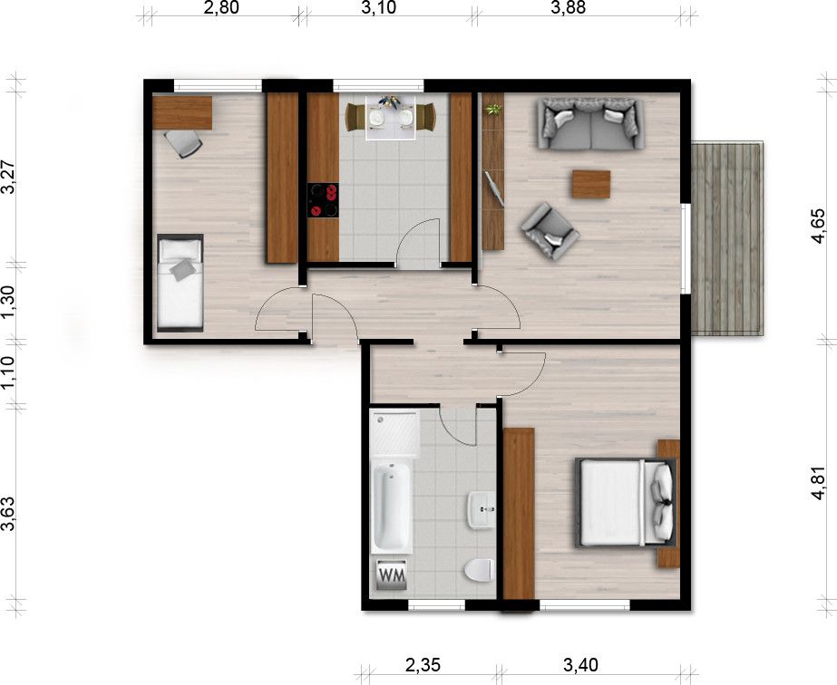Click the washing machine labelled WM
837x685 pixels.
392,575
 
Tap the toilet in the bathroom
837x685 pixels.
479,570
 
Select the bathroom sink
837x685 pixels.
482,510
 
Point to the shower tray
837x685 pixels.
395,432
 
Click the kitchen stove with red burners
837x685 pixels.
323,200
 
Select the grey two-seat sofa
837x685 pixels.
591,124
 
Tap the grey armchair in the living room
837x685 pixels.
550,232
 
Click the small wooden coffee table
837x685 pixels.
591,184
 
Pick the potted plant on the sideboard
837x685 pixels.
493,111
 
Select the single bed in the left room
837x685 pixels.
180,283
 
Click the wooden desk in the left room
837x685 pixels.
182,112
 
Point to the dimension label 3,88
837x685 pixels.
570,7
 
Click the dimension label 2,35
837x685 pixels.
423,665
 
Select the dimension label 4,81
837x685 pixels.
818,483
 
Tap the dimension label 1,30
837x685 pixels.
8,302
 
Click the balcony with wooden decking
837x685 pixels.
727,238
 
